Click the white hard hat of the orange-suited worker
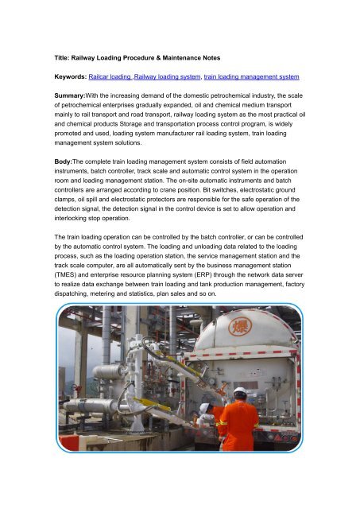point(238,391)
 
